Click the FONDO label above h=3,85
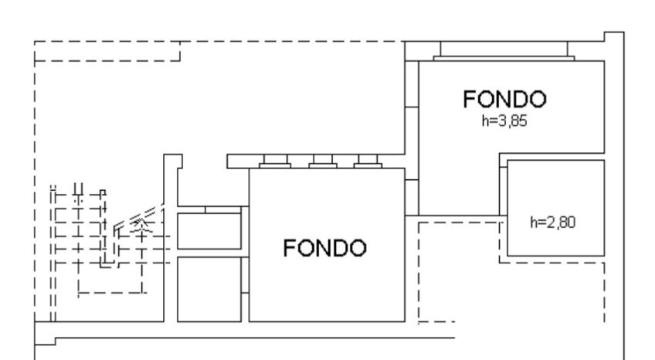pyautogui.click(x=504, y=100)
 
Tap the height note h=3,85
pyautogui.click(x=504, y=121)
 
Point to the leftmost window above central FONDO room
pyautogui.click(x=275, y=162)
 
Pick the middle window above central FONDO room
pyautogui.click(x=322, y=162)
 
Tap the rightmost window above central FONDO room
pyautogui.click(x=368, y=162)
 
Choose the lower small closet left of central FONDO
pyautogui.click(x=209, y=287)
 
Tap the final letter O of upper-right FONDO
pyautogui.click(x=538, y=100)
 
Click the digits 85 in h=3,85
pyautogui.click(x=518, y=121)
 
